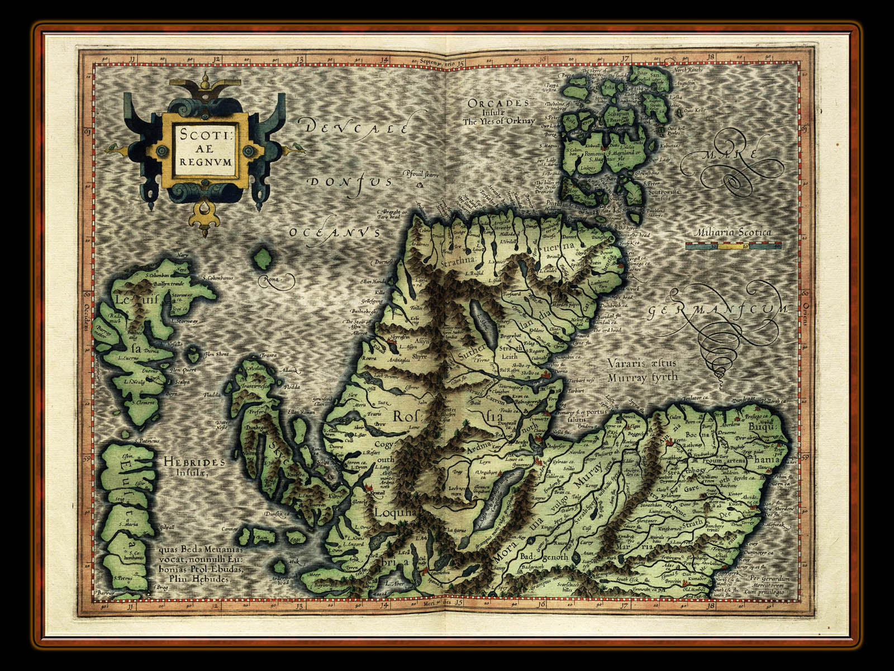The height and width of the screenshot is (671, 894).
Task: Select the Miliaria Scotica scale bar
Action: tap(733, 245)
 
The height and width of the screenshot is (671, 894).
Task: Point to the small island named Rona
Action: tap(262, 259)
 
